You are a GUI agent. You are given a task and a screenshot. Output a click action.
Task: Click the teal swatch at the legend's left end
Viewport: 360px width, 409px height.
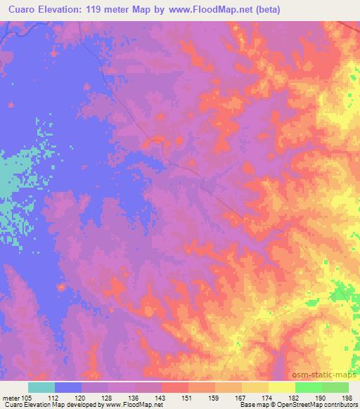[41, 387]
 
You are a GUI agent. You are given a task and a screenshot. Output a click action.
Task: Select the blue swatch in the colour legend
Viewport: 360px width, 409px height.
[68, 387]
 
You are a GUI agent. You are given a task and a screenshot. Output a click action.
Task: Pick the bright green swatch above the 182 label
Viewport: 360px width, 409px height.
[308, 387]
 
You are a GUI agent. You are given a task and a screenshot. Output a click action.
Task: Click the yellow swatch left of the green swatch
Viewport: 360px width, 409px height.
[281, 387]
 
